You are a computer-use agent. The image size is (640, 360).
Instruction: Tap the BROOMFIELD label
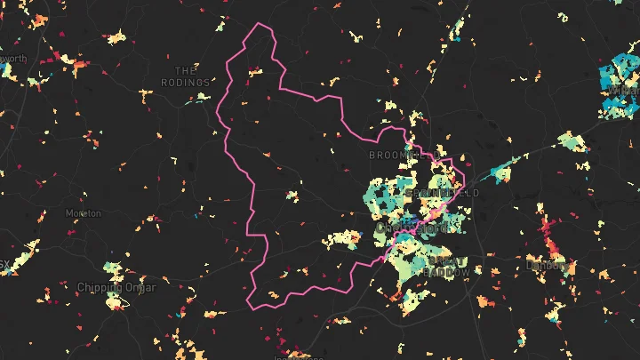pos(394,155)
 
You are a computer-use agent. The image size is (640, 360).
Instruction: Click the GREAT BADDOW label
pos(444,267)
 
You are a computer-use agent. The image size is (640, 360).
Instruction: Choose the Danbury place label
pos(545,265)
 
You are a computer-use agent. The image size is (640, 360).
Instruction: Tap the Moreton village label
pos(84,213)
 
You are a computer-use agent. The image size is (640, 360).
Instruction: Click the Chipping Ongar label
pos(116,287)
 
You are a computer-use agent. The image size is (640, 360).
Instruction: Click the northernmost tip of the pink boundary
pos(258,23)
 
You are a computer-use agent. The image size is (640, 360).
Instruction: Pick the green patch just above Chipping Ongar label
pos(112,268)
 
